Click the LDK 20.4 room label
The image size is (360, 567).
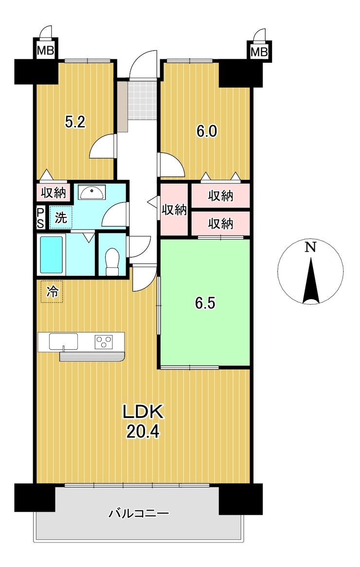[x=144, y=421]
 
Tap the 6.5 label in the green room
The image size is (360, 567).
[x=205, y=303]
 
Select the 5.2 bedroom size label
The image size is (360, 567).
[x=75, y=122]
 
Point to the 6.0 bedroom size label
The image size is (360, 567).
[x=207, y=131]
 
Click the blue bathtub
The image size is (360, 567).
[x=51, y=254]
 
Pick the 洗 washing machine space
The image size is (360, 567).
[x=61, y=217]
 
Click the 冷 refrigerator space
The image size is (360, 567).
[x=52, y=291]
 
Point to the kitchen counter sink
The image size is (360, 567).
[x=64, y=342]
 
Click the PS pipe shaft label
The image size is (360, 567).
[x=40, y=218]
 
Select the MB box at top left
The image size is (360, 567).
[x=46, y=51]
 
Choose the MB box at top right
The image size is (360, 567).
[x=259, y=52]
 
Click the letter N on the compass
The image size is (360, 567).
[x=310, y=247]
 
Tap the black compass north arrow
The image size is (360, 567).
[x=310, y=280]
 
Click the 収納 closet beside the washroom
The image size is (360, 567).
[x=54, y=193]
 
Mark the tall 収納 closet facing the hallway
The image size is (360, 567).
[x=174, y=210]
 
